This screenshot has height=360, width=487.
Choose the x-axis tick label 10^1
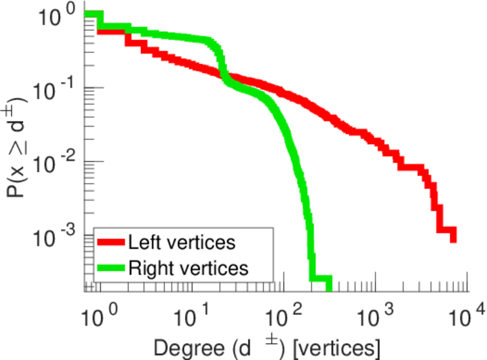click(191, 314)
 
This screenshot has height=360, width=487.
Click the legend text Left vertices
click(181, 242)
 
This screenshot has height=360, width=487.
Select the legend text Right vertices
click(187, 268)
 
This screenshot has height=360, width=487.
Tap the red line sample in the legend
click(111, 242)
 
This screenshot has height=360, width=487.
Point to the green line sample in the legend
click(111, 268)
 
